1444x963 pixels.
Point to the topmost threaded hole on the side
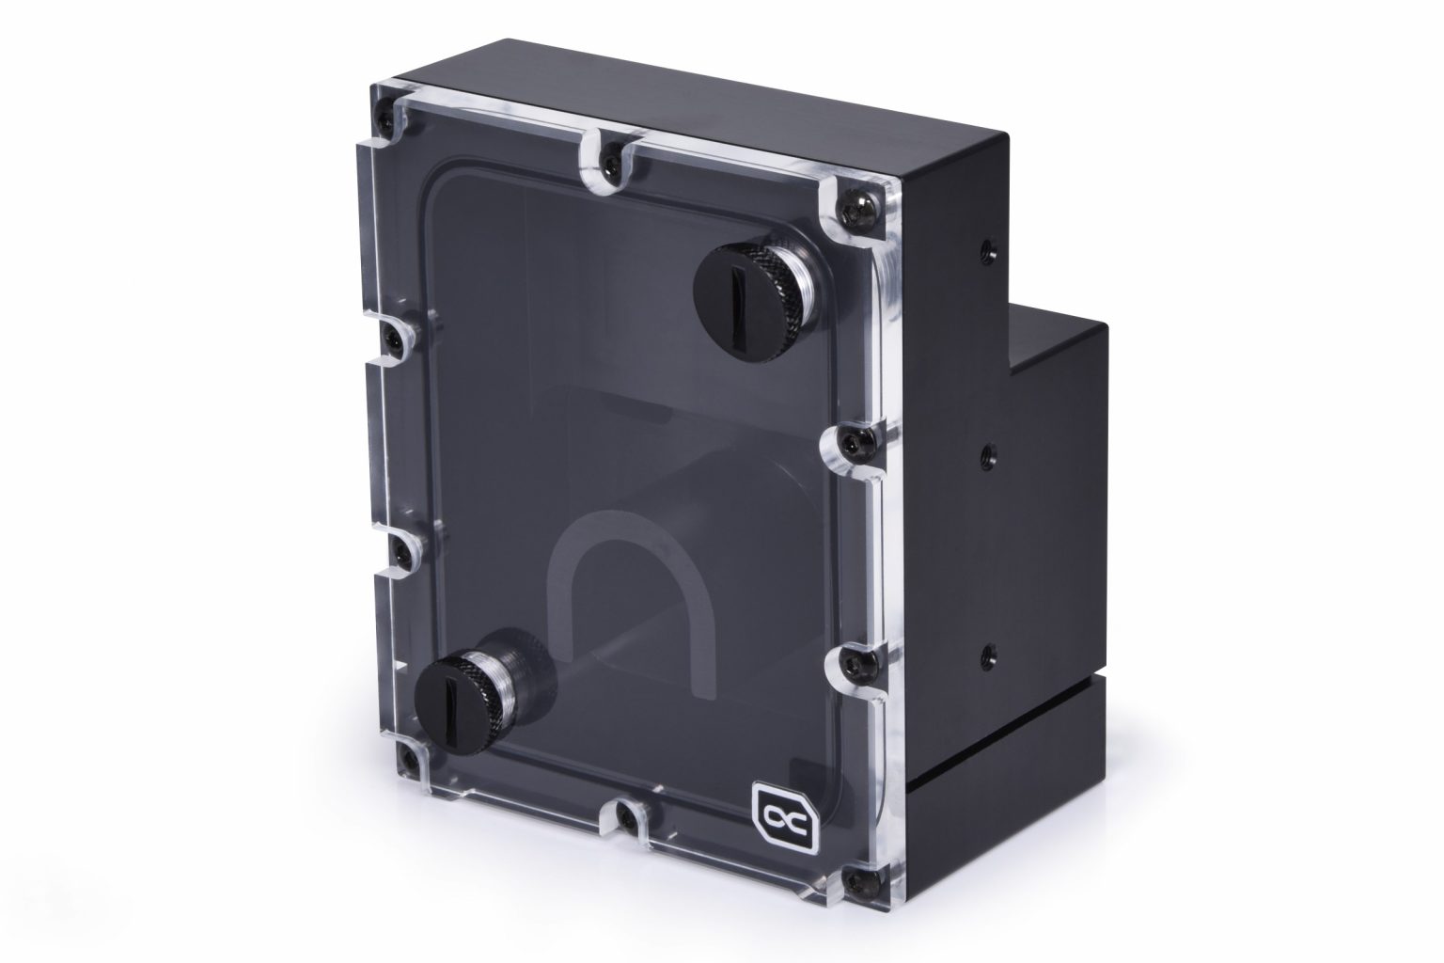(x=984, y=249)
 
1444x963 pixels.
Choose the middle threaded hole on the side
(x=984, y=455)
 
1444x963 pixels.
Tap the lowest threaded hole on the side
(x=985, y=649)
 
